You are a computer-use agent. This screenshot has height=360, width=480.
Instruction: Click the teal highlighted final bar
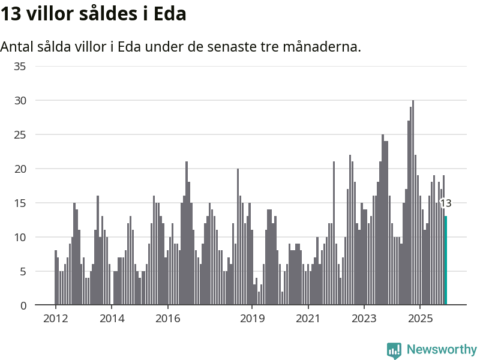(446, 260)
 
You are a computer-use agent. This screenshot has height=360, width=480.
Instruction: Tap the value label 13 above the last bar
(446, 203)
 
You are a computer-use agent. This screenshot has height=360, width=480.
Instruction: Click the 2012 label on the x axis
(55, 318)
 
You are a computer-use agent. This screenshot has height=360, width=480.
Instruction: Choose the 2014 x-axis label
(112, 318)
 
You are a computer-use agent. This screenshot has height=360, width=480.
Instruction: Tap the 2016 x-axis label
(168, 318)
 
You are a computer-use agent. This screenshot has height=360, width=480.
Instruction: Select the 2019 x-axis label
(252, 318)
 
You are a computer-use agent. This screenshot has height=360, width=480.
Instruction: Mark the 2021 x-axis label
(308, 318)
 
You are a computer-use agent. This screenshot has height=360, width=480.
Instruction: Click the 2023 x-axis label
(364, 318)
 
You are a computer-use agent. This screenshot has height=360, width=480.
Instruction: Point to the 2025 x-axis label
(420, 318)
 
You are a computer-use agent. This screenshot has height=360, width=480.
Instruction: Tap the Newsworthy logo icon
(394, 350)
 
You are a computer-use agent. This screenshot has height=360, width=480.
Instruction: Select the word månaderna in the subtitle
(325, 47)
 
